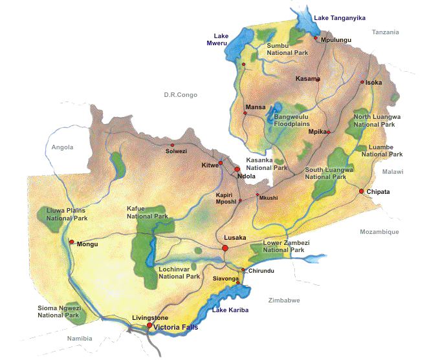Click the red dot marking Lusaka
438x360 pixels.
[225, 248]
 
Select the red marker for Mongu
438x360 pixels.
[72, 242]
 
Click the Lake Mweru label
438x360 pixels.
[224, 40]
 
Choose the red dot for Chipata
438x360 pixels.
[362, 191]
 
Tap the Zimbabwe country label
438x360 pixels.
[283, 300]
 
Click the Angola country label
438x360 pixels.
[63, 147]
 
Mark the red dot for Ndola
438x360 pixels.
[237, 169]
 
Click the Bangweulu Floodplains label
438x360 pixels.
[292, 120]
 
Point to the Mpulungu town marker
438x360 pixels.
[316, 38]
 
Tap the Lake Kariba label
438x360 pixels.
[228, 312]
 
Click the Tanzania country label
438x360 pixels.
[386, 32]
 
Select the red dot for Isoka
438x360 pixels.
[362, 82]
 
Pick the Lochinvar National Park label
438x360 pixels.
[179, 272]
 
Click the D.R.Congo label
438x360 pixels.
[181, 95]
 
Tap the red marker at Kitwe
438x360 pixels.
[221, 163]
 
